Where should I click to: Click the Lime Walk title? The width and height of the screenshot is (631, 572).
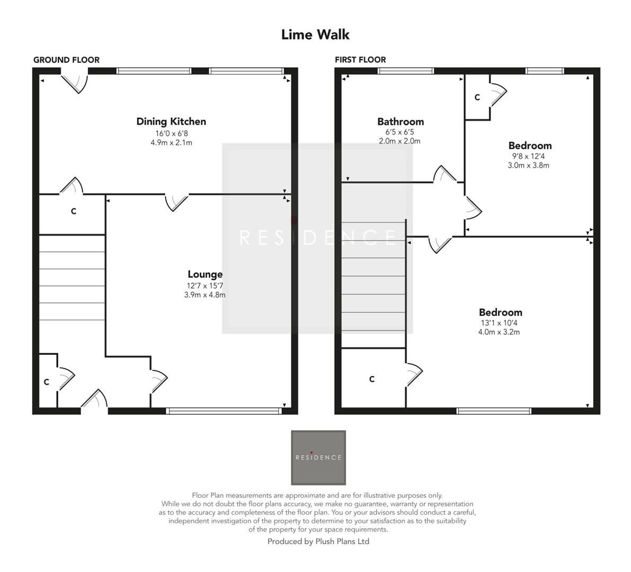(315, 35)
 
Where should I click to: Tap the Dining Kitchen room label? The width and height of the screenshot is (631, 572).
(171, 121)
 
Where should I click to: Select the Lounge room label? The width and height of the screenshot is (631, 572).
(205, 274)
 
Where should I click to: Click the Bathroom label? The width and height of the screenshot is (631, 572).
(400, 122)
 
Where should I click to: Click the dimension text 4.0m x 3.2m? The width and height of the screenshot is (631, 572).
(499, 332)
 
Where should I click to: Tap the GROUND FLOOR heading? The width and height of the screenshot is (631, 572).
(66, 60)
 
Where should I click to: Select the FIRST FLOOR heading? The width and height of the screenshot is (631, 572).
(360, 60)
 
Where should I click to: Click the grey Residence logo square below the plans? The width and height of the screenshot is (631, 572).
(318, 458)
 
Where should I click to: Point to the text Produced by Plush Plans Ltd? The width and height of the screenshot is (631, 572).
(318, 541)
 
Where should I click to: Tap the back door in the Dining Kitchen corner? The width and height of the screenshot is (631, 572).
(75, 82)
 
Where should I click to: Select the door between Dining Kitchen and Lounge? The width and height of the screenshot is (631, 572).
(176, 201)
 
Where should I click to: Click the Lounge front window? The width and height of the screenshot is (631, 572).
(223, 410)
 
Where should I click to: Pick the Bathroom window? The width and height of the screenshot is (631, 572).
(406, 71)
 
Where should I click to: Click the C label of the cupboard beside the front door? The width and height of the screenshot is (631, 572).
(47, 382)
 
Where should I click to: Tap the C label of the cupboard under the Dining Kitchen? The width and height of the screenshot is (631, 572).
(74, 211)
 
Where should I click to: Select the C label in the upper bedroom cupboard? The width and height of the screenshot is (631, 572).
(477, 97)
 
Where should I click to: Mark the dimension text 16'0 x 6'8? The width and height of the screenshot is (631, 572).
(171, 133)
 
